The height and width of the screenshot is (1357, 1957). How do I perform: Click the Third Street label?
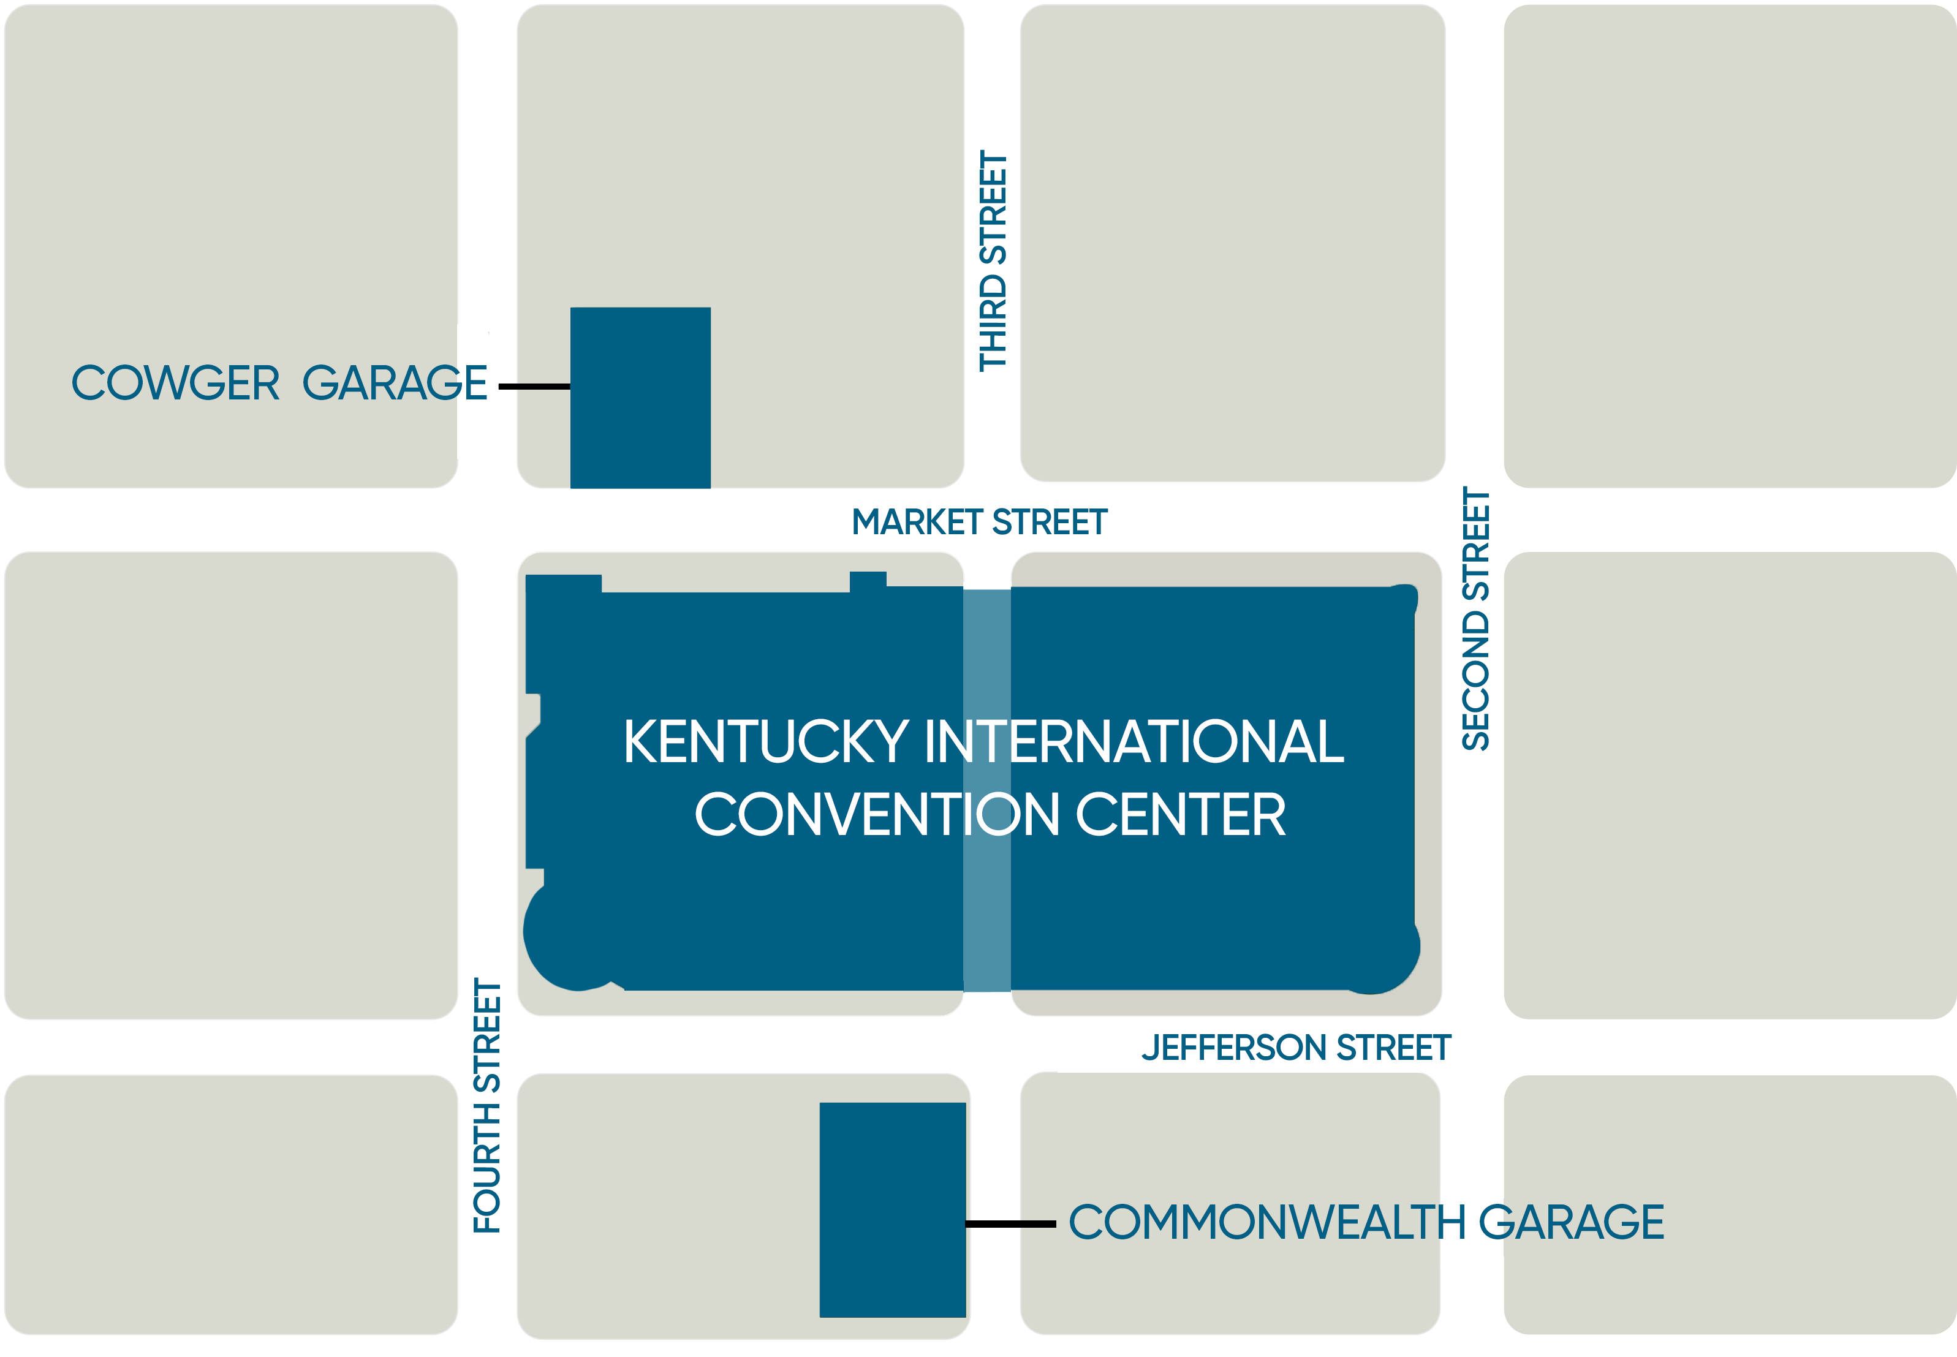click(x=993, y=261)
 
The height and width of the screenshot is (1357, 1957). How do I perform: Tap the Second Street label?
click(x=1476, y=619)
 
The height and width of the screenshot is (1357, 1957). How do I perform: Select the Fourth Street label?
click(x=487, y=1105)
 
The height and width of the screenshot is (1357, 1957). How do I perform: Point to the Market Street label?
click(x=978, y=522)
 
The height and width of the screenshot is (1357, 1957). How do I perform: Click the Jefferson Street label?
click(x=1296, y=1048)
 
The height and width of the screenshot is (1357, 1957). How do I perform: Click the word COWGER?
click(x=175, y=384)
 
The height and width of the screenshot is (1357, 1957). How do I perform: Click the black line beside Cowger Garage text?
click(x=534, y=387)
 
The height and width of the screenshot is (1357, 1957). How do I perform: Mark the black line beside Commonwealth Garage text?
click(x=1010, y=1224)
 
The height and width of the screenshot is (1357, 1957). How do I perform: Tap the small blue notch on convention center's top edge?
click(x=868, y=581)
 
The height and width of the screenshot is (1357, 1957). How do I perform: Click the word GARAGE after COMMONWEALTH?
click(x=1571, y=1223)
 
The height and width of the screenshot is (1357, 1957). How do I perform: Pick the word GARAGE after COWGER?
click(x=395, y=384)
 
